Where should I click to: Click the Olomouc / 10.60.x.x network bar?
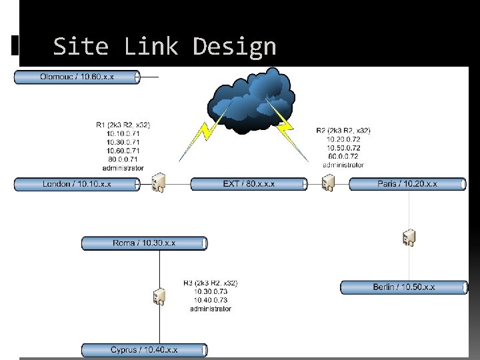[x=77, y=77]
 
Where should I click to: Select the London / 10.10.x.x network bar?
[x=77, y=184]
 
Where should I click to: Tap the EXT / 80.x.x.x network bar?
[x=249, y=184]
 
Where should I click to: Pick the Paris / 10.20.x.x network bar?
[x=407, y=184]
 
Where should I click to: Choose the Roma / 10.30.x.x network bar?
[x=144, y=243]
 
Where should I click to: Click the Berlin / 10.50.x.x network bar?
[x=404, y=287]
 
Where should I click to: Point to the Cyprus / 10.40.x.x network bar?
[x=144, y=349]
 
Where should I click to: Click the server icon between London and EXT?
[x=159, y=182]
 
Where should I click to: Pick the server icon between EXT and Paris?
[x=328, y=182]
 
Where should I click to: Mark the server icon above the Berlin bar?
[x=409, y=237]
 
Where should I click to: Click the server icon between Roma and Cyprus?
[x=159, y=296]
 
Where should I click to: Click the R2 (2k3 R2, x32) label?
[x=343, y=131]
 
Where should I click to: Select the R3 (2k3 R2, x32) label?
[x=211, y=283]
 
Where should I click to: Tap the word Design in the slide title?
[x=234, y=47]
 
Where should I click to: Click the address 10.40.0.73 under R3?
[x=211, y=300]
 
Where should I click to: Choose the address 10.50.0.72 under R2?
[x=343, y=147]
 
